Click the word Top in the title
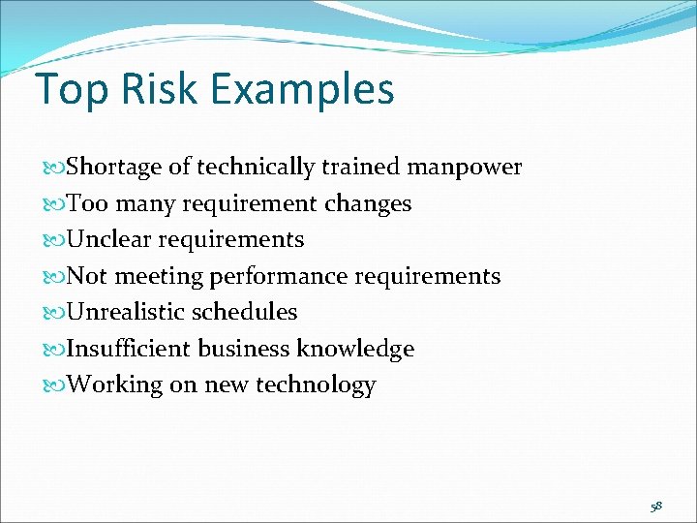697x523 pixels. [70, 90]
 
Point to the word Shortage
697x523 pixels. [115, 168]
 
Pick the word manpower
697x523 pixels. [465, 169]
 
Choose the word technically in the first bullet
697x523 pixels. [256, 169]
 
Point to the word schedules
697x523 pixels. [245, 312]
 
